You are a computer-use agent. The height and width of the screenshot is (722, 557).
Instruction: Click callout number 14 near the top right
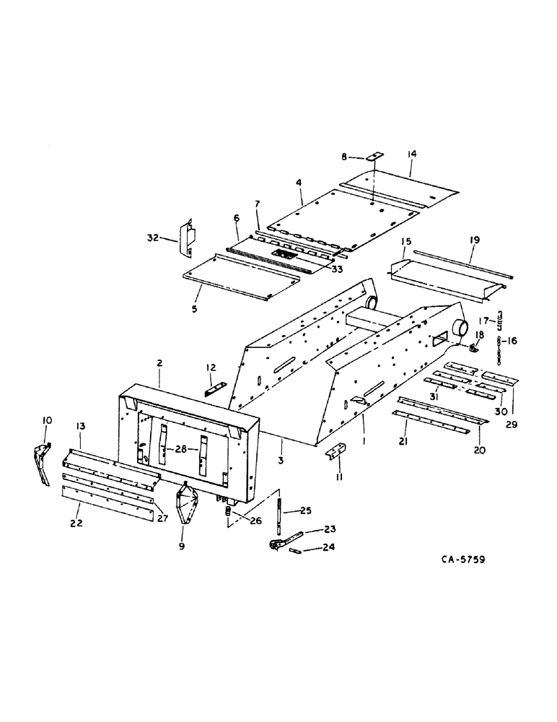click(x=412, y=154)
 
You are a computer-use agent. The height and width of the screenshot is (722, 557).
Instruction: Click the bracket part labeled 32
click(x=187, y=236)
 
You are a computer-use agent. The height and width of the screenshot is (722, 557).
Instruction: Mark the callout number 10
click(x=47, y=419)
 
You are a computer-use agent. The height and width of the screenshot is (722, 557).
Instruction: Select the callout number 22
click(x=75, y=523)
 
